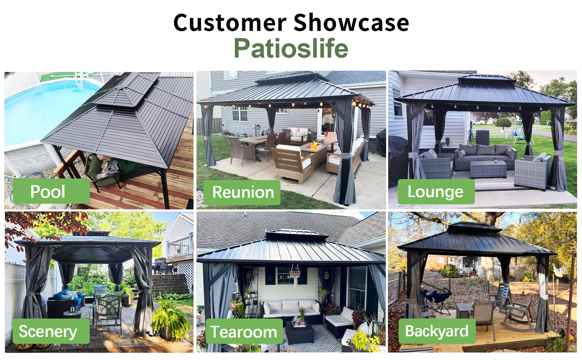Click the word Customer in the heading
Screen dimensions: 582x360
[x=230, y=22]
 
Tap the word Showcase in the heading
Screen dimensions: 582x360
[x=351, y=22]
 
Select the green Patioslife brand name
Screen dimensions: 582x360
[x=291, y=48]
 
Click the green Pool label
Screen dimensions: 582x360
[x=51, y=191]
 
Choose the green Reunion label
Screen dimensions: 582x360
[x=242, y=192]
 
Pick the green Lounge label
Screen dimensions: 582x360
[x=436, y=192]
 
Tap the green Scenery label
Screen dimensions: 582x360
[x=51, y=331]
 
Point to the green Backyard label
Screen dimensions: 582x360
[x=437, y=331]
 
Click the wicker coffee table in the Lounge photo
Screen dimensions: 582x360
[x=488, y=169]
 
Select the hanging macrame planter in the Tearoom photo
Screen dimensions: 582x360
[x=295, y=275]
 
